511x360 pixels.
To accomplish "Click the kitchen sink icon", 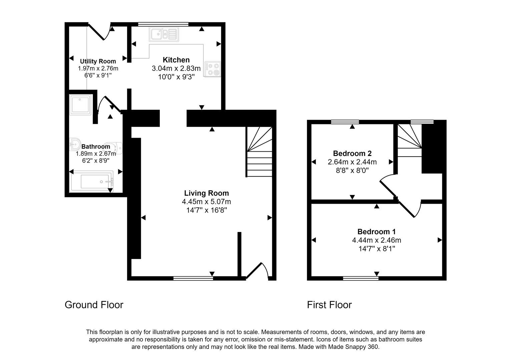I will click(x=164, y=34).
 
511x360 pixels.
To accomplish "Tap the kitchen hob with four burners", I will click(x=212, y=69).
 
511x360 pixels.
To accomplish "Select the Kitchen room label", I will click(x=176, y=60).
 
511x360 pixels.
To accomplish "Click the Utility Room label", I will click(x=98, y=61).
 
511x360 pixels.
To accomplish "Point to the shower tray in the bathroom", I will click(x=81, y=104).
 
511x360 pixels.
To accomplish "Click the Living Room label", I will click(x=206, y=193).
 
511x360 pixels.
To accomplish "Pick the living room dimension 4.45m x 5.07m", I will click(x=206, y=202).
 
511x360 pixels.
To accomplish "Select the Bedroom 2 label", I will click(x=352, y=154).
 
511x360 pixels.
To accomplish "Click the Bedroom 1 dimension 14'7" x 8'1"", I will click(x=377, y=249).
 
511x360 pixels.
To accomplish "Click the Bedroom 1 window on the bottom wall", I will click(x=361, y=278).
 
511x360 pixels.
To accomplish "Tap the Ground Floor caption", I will click(x=94, y=305).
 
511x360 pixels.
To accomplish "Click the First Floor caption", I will click(x=329, y=305).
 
